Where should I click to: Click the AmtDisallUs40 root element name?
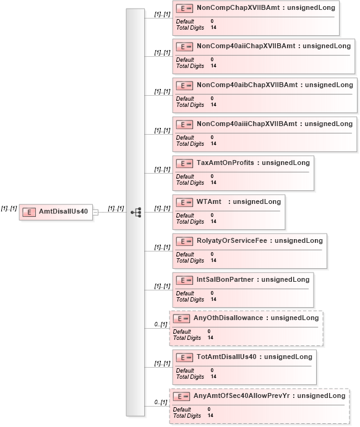[63, 211]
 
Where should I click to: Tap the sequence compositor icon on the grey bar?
[136, 212]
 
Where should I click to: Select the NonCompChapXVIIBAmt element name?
[238, 7]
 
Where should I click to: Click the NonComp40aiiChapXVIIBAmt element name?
[246, 46]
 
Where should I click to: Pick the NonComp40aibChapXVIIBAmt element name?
[247, 85]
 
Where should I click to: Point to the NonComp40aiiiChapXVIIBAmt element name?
[247, 124]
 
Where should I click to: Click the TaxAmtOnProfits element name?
[225, 163]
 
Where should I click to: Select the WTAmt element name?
[209, 202]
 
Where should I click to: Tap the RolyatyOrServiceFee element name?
[232, 241]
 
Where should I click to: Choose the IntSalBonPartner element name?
[225, 280]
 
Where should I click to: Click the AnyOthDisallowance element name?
[228, 318]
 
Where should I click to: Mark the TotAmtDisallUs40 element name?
[226, 357]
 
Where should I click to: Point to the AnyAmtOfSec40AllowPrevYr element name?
[241, 396]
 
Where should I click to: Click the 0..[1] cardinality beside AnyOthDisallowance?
[161, 324]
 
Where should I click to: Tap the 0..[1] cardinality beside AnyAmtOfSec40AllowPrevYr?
[161, 402]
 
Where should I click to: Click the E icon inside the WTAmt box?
[184, 202]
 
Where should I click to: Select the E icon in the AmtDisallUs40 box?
[29, 212]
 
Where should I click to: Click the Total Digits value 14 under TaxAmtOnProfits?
[213, 182]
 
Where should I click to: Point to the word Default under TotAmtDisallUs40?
[185, 371]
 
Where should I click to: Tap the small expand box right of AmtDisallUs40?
[95, 212]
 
